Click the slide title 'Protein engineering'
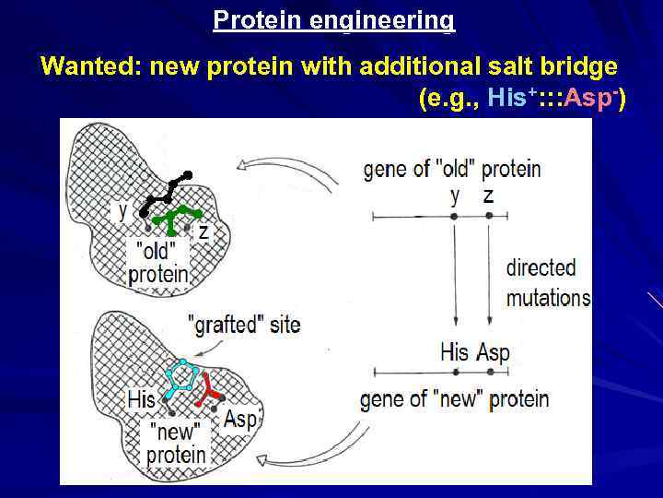pyautogui.click(x=333, y=19)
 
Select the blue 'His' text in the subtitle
pyautogui.click(x=506, y=98)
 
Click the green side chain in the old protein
pyautogui.click(x=175, y=218)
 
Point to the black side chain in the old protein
pyautogui.click(x=166, y=193)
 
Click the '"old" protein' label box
pyautogui.click(x=157, y=262)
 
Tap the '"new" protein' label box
pyautogui.click(x=176, y=443)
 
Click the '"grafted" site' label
pyautogui.click(x=243, y=325)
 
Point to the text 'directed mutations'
pyautogui.click(x=548, y=282)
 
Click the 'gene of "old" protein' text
pyautogui.click(x=452, y=170)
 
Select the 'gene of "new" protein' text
pyautogui.click(x=454, y=399)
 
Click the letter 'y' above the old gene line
pyautogui.click(x=454, y=195)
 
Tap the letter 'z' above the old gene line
pyautogui.click(x=488, y=195)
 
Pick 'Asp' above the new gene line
pyautogui.click(x=493, y=352)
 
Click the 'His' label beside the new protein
pyautogui.click(x=141, y=399)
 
